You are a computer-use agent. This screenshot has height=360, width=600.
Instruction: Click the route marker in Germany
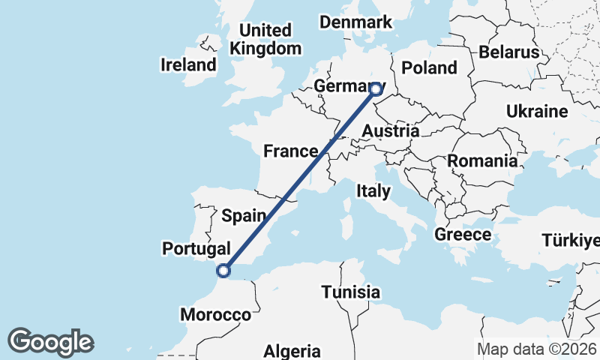[376, 90]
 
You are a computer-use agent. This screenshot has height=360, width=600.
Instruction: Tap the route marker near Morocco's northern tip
[222, 271]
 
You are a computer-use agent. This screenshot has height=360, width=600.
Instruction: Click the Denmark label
[355, 22]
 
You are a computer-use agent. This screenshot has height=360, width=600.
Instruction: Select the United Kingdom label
[265, 39]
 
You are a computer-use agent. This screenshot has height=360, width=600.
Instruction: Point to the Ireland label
[188, 64]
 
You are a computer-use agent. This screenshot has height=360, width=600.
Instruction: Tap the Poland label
[429, 67]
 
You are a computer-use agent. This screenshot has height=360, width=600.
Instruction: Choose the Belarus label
[509, 52]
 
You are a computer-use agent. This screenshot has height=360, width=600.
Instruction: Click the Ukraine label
[536, 112]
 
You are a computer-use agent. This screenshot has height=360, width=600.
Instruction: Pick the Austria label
[390, 131]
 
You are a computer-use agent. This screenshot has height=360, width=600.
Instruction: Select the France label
[291, 151]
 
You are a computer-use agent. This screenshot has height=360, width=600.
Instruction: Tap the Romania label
[482, 160]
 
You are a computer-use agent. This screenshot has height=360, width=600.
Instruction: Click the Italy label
[373, 190]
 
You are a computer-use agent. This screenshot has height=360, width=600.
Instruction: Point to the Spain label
[244, 216]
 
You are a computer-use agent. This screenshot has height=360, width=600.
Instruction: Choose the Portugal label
[196, 247]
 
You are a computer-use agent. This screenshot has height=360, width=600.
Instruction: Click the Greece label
[463, 235]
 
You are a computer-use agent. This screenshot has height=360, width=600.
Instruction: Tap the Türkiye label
[571, 241]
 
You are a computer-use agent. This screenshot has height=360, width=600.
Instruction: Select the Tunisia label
[350, 292]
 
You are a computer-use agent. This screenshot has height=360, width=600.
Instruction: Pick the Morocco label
[215, 315]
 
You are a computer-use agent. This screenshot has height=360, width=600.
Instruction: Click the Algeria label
[292, 351]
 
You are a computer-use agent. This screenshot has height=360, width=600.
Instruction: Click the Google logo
[50, 342]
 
